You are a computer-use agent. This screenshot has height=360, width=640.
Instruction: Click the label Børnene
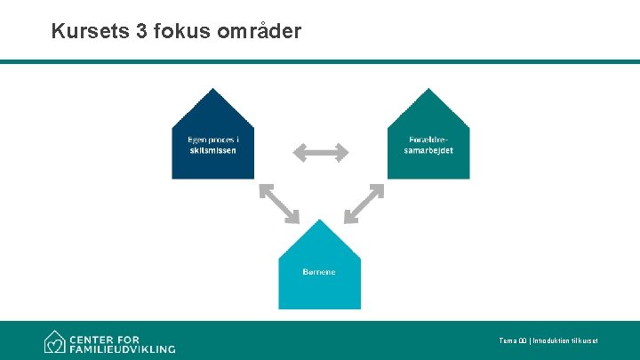(x=319, y=271)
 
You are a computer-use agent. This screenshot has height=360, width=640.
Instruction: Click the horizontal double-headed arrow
(x=320, y=153)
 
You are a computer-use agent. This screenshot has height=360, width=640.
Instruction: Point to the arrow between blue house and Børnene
(x=278, y=203)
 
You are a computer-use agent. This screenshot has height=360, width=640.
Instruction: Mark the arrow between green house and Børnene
(x=364, y=203)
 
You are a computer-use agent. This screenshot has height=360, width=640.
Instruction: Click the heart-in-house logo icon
(x=56, y=342)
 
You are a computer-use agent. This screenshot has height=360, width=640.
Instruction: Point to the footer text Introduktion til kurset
(x=564, y=341)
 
